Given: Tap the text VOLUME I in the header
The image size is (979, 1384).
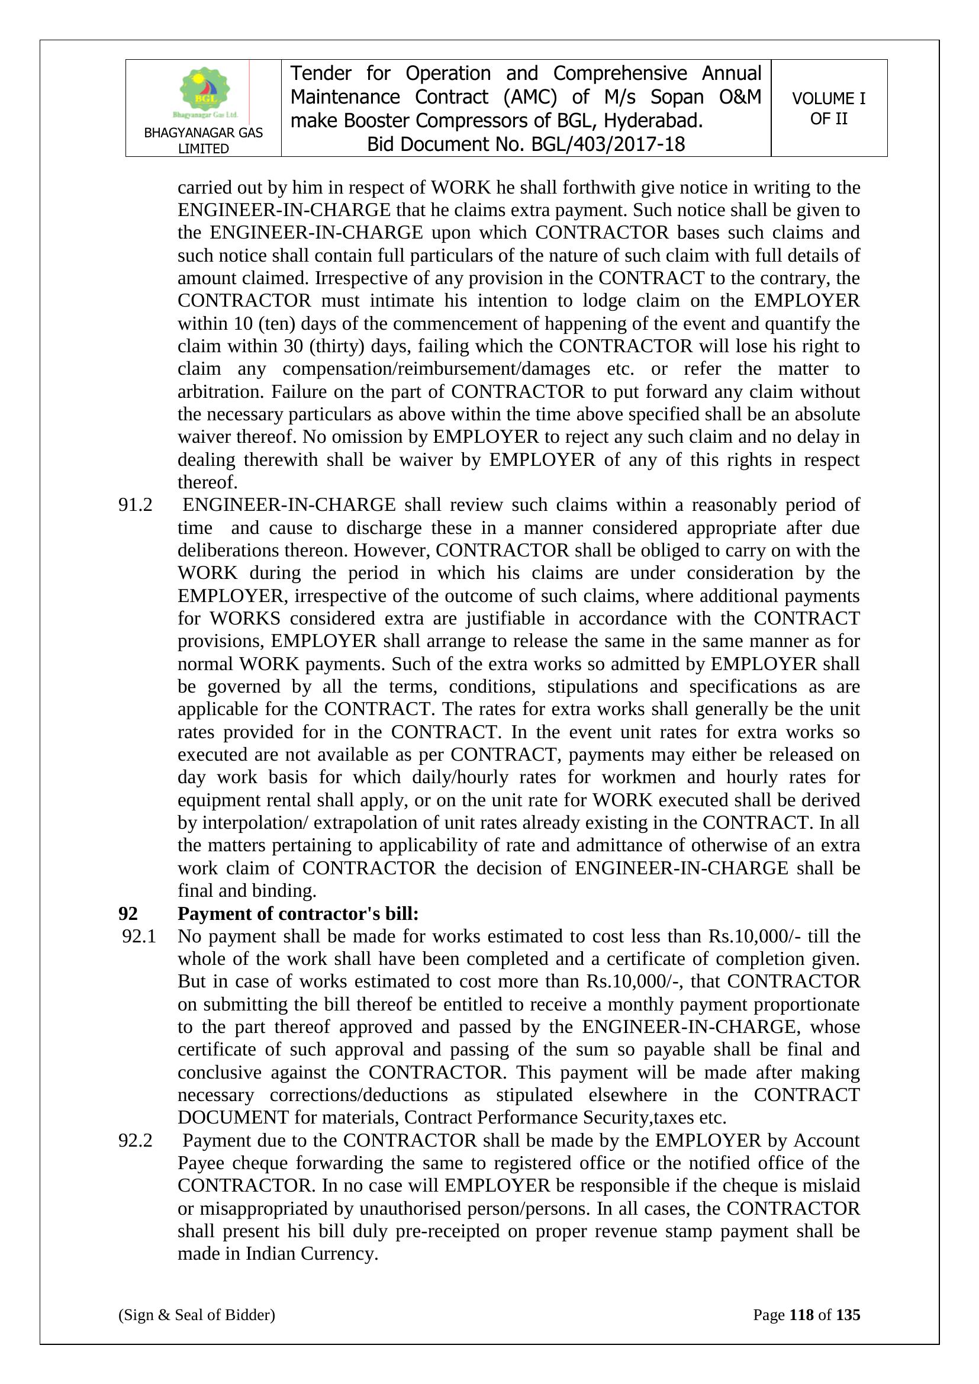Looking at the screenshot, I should tap(828, 98).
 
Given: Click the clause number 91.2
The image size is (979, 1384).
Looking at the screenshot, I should tap(135, 505).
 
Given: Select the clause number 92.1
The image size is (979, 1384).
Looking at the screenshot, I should tap(139, 936).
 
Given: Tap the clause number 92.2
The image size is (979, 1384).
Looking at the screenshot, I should tap(135, 1141).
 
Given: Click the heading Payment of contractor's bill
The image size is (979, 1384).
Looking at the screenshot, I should tap(298, 914).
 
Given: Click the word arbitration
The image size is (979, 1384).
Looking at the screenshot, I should tap(220, 392).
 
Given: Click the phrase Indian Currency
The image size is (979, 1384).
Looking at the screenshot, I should tap(312, 1254).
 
